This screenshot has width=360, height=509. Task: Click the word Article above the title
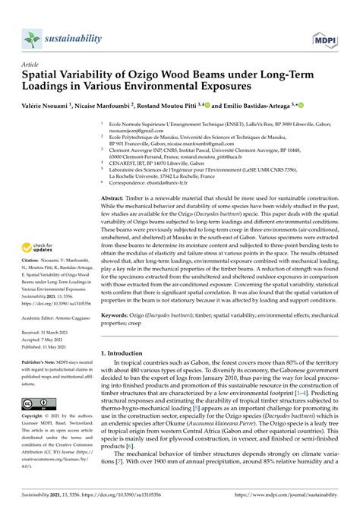pyautogui.click(x=30, y=66)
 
